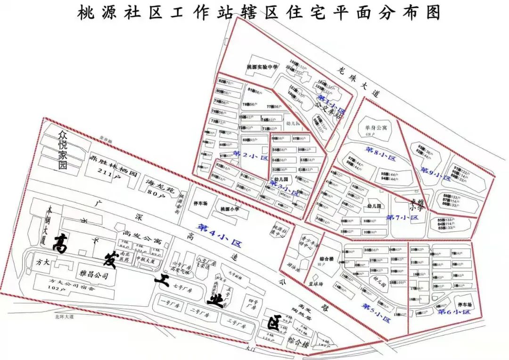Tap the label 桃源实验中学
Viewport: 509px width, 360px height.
[262, 67]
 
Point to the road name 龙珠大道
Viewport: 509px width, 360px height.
[359, 80]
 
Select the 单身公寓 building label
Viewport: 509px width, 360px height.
[375, 128]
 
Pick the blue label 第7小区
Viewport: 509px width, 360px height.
[402, 218]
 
